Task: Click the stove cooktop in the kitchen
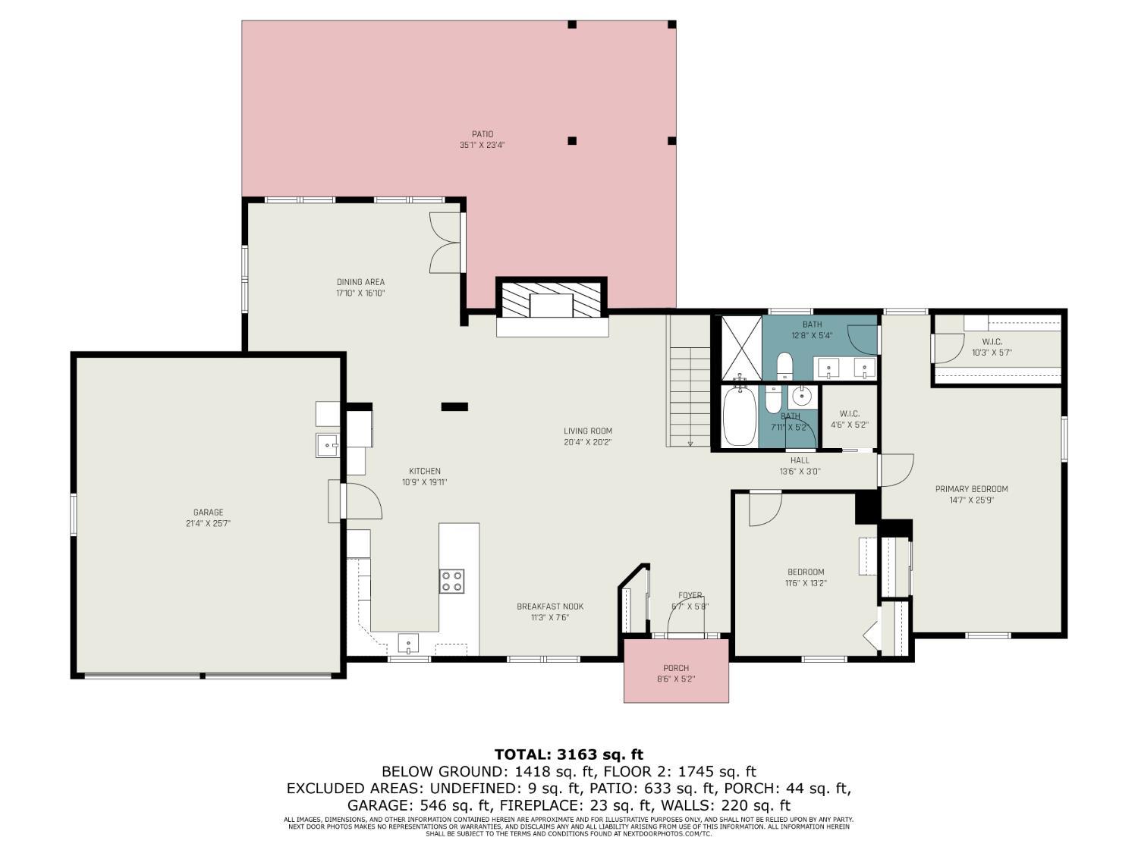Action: click(451, 582)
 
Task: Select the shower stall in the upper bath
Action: click(740, 347)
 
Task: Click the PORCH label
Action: click(676, 668)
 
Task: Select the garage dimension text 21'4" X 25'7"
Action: click(208, 523)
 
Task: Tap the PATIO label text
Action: click(482, 134)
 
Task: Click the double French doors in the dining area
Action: click(445, 243)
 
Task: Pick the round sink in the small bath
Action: click(800, 396)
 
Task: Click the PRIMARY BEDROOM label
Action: click(971, 489)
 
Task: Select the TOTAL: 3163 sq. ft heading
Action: click(568, 754)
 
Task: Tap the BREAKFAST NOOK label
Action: click(550, 606)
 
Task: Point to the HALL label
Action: click(800, 460)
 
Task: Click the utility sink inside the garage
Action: click(328, 445)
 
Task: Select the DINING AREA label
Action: click(360, 282)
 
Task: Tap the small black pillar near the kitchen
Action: click(455, 407)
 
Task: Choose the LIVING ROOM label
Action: click(587, 431)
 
